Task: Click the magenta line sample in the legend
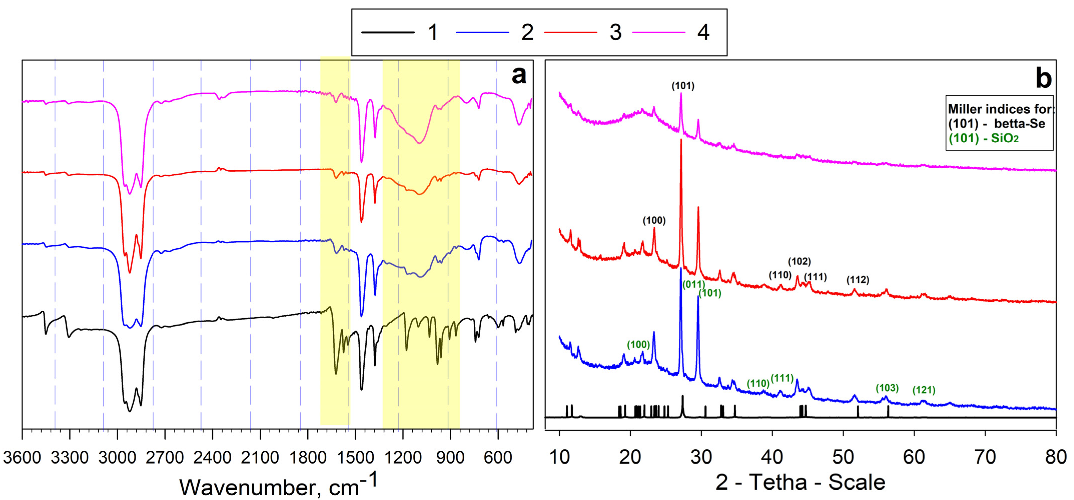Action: click(659, 32)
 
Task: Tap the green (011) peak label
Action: click(693, 285)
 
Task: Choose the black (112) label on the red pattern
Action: click(858, 280)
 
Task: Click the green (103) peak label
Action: click(887, 388)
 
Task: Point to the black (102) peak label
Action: click(799, 261)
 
